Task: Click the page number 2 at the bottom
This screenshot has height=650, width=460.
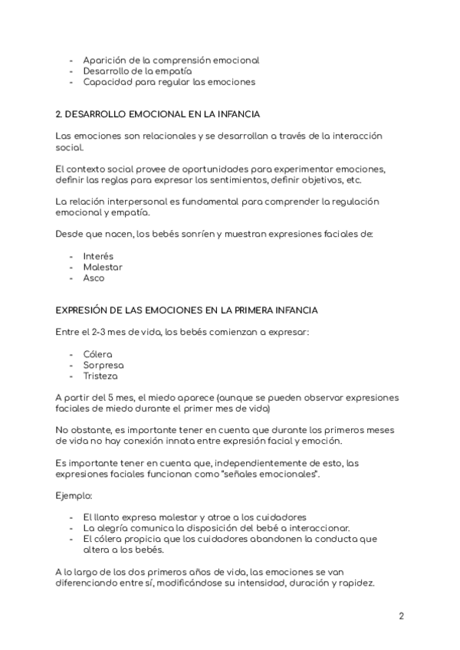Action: coord(402,616)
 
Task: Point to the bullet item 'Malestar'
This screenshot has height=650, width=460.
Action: coord(103,267)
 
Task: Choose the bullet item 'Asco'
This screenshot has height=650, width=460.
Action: coord(94,277)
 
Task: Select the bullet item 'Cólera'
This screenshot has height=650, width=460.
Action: coord(98,354)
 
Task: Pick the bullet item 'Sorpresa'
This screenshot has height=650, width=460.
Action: coord(103,365)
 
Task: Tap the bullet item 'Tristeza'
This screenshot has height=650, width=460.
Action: coord(101,376)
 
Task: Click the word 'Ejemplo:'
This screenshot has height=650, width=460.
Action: coord(74,496)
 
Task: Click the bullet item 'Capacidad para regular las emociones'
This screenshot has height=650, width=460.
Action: coord(169,81)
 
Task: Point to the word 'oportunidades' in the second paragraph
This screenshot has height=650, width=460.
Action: coord(199,169)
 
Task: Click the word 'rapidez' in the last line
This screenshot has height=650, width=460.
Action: coord(356,583)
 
